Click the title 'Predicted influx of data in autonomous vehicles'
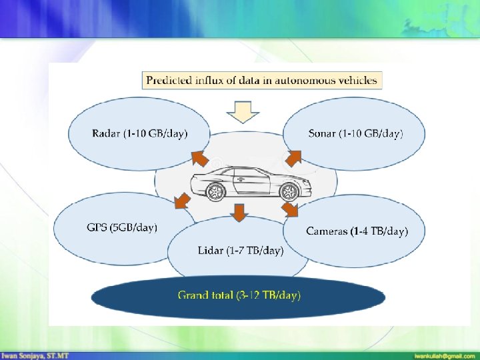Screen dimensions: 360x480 click(x=262, y=81)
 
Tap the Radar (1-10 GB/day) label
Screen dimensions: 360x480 click(x=140, y=133)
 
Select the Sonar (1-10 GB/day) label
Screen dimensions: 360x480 click(x=355, y=133)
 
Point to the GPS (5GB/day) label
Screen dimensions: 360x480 click(x=122, y=227)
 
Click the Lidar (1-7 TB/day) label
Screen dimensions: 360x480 click(x=241, y=251)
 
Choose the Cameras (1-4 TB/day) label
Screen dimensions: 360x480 click(x=357, y=231)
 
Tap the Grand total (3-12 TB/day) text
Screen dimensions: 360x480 click(x=239, y=295)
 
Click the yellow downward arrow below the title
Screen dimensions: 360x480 click(x=243, y=112)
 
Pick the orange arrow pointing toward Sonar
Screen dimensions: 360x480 click(x=293, y=158)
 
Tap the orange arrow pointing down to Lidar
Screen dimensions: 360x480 click(x=239, y=213)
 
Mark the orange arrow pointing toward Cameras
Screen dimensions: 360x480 click(x=290, y=209)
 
